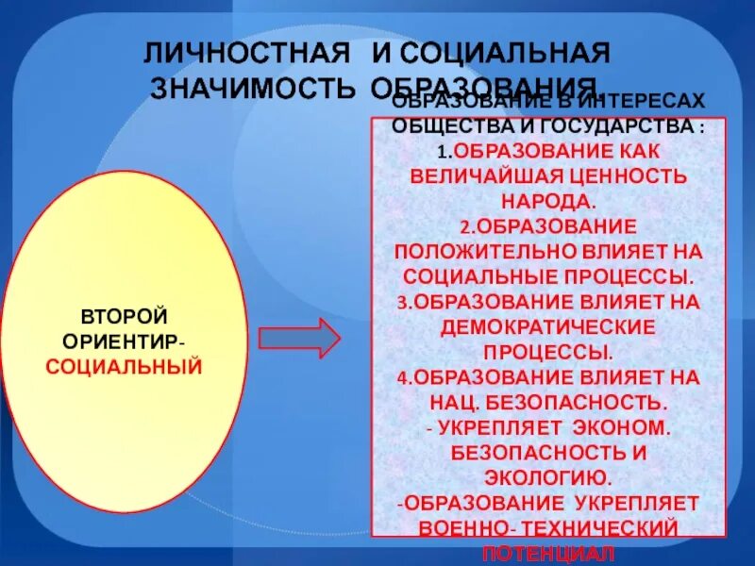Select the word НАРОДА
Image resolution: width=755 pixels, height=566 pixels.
pyautogui.click(x=548, y=200)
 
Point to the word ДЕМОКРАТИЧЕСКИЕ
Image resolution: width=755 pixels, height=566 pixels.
pyautogui.click(x=547, y=327)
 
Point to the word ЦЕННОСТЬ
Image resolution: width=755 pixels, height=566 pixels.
pyautogui.click(x=628, y=175)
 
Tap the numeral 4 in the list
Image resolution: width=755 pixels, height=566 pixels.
pyautogui.click(x=401, y=377)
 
